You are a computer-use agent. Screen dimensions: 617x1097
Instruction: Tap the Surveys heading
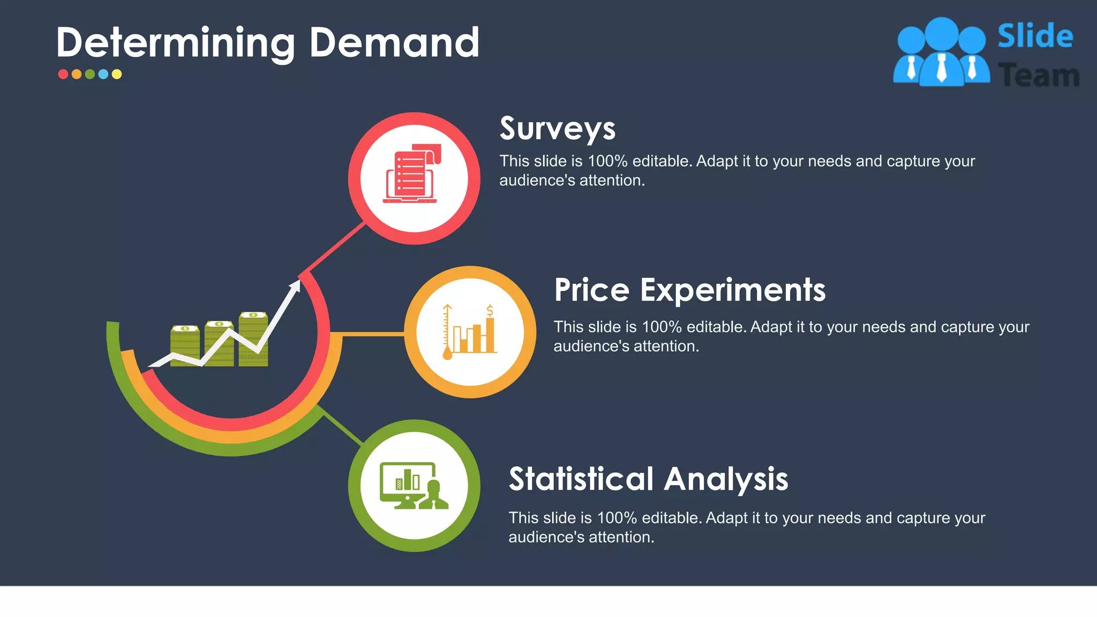pyautogui.click(x=557, y=129)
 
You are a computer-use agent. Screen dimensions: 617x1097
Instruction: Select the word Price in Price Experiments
pyautogui.click(x=591, y=290)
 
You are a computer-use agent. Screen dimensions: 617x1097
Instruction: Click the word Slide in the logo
pyautogui.click(x=1035, y=36)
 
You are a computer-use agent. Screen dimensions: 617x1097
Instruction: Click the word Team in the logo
pyautogui.click(x=1038, y=76)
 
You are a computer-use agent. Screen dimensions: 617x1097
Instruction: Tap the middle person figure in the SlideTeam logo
pyautogui.click(x=941, y=54)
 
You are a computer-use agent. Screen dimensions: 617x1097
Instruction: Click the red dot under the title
pyautogui.click(x=63, y=74)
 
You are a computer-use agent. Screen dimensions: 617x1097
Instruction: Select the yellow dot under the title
pyautogui.click(x=117, y=74)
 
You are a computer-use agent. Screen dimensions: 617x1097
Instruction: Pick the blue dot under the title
pyautogui.click(x=103, y=74)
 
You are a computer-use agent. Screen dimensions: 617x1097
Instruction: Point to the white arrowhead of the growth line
pyautogui.click(x=295, y=285)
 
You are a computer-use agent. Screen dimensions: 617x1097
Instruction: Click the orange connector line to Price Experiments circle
pyautogui.click(x=372, y=334)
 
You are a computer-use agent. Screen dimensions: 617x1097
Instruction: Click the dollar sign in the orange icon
pyautogui.click(x=490, y=311)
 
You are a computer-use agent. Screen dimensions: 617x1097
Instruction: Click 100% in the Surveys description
pyautogui.click(x=607, y=161)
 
